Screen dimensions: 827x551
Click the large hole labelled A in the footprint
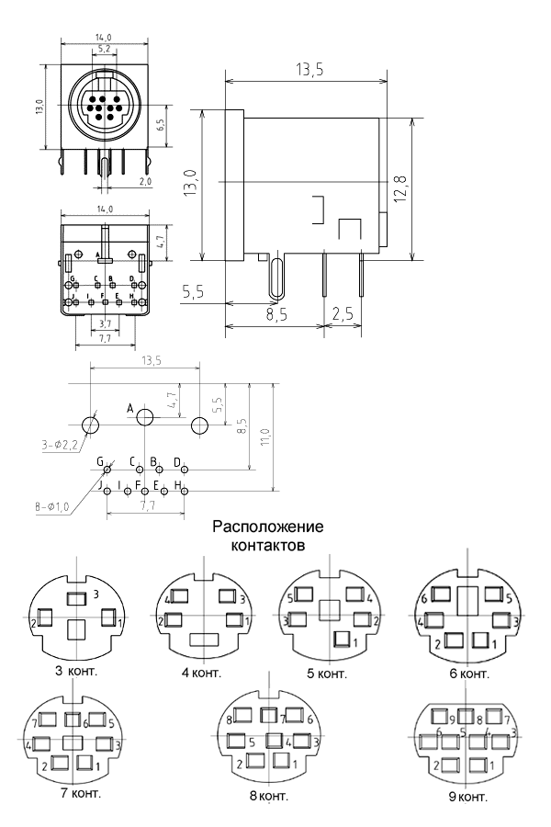tap(145, 418)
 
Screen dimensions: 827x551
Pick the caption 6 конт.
tap(468, 674)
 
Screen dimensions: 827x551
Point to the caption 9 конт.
tap(468, 796)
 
